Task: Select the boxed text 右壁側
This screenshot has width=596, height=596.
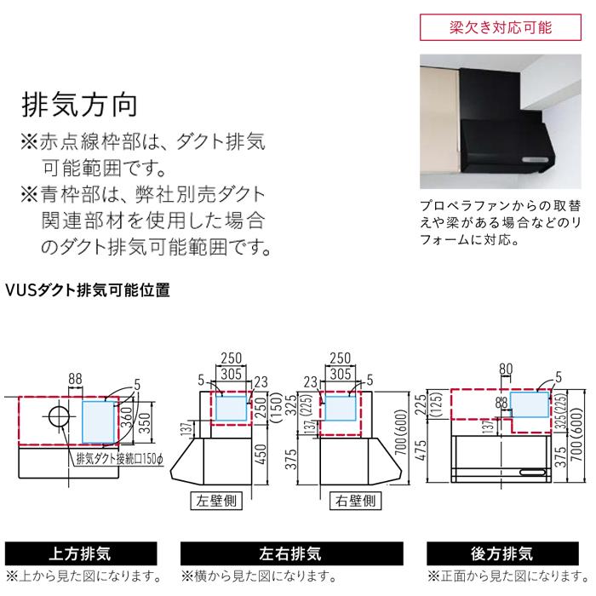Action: coord(351,501)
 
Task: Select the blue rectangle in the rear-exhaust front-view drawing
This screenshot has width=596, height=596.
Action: coord(534,407)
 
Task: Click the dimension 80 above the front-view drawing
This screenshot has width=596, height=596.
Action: coord(507,370)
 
